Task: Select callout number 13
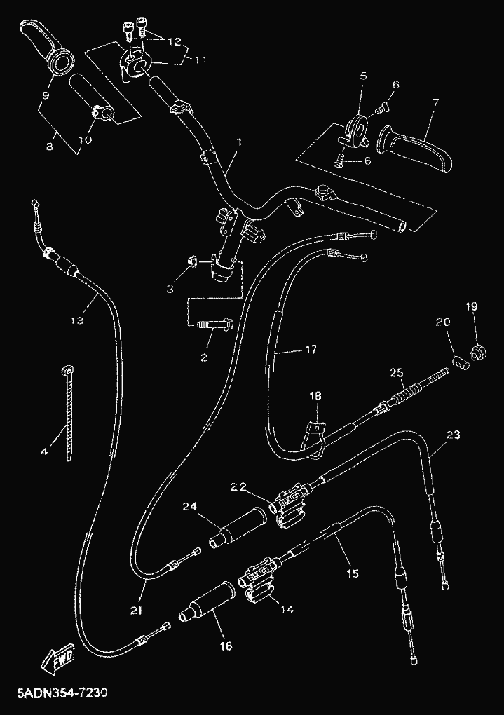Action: point(77,320)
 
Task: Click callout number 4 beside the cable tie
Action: point(44,451)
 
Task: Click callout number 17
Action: point(311,349)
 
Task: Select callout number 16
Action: point(226,646)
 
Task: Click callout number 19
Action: point(470,306)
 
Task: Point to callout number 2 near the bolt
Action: point(203,357)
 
